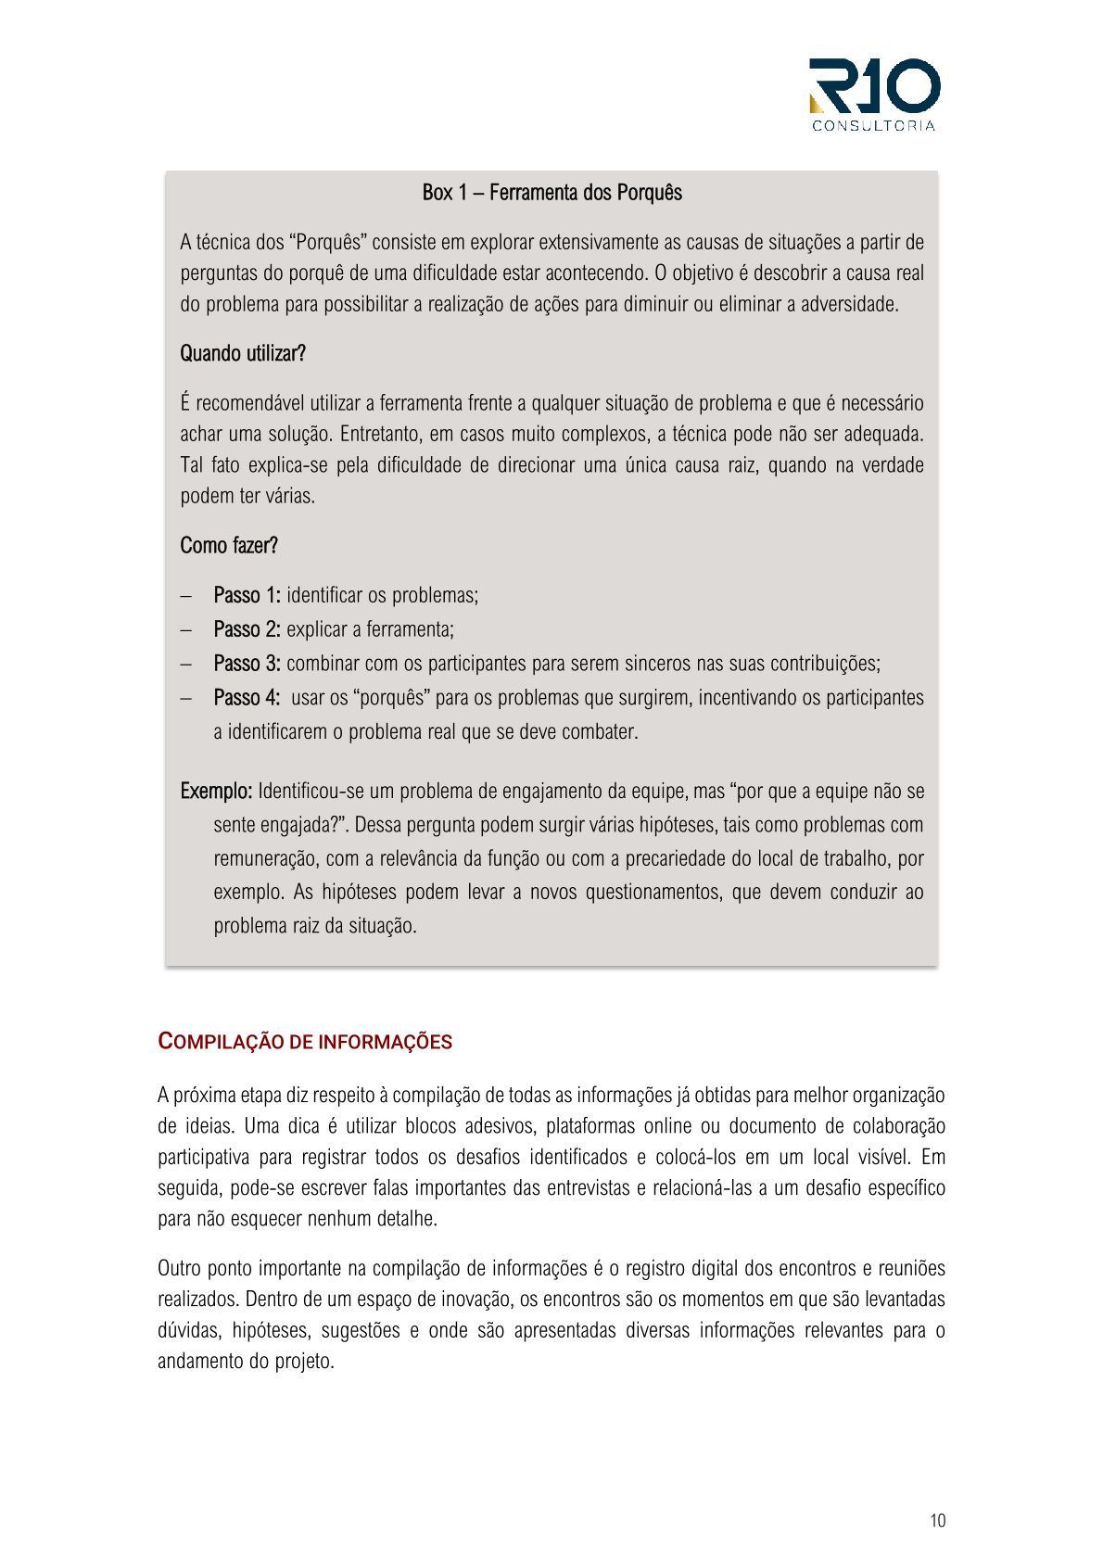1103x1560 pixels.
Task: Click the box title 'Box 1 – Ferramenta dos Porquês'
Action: click(x=551, y=193)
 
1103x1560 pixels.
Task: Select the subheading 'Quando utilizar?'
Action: click(x=243, y=353)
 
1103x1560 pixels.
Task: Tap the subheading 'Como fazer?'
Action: click(x=229, y=545)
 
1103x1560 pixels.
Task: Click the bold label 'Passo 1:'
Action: click(x=247, y=595)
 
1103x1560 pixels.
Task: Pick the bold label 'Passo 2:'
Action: click(x=247, y=629)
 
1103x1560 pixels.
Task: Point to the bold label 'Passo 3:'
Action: click(x=247, y=664)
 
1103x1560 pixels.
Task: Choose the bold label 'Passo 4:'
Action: click(x=247, y=697)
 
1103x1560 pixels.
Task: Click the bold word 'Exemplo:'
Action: click(x=216, y=792)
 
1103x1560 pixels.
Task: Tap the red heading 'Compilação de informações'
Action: click(x=305, y=1042)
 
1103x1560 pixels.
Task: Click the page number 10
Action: click(x=937, y=1520)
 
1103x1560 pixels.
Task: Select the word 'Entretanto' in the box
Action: click(x=380, y=434)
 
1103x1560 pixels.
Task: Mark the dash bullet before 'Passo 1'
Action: click(x=186, y=596)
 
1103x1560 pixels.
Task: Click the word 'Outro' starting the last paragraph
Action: click(x=178, y=1268)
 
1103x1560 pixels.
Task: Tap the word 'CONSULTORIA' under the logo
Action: click(x=873, y=126)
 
